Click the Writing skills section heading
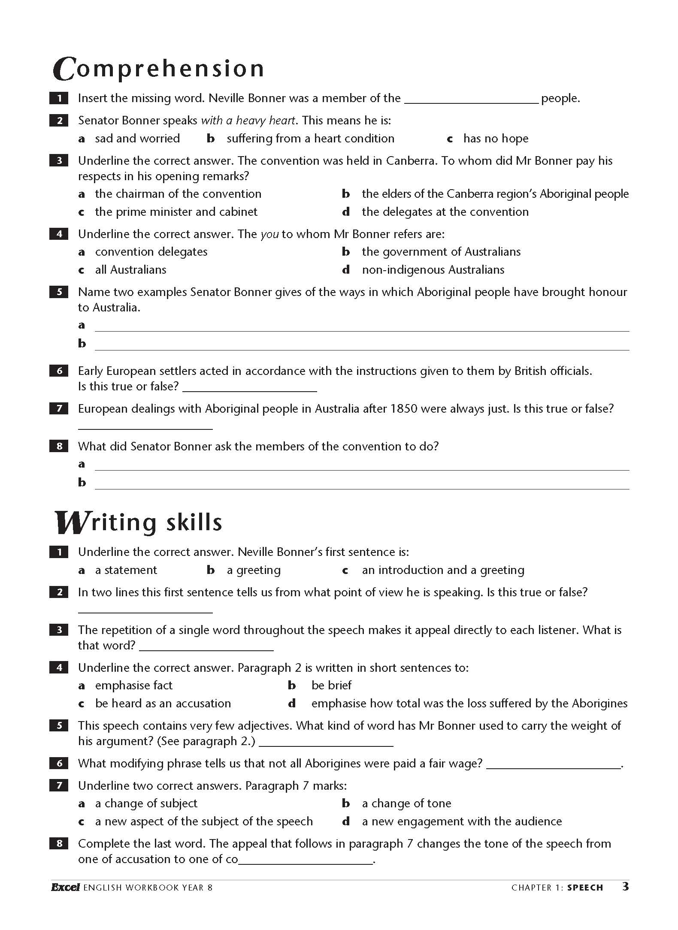click(x=139, y=523)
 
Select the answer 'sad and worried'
click(x=137, y=139)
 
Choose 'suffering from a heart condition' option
click(x=310, y=139)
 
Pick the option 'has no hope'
click(x=496, y=139)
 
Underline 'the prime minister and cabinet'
click(x=176, y=212)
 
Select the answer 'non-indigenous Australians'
click(x=433, y=270)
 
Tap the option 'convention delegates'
click(x=151, y=252)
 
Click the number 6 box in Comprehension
click(x=59, y=371)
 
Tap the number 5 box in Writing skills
click(x=59, y=725)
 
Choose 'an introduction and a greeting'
click(x=443, y=570)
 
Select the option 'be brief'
click(x=331, y=685)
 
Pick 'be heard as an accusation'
click(x=163, y=704)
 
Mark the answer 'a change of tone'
click(x=406, y=803)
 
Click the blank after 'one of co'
click(x=306, y=860)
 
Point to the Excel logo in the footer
click(x=65, y=888)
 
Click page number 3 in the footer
click(x=626, y=887)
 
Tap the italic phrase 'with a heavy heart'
click(x=248, y=121)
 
